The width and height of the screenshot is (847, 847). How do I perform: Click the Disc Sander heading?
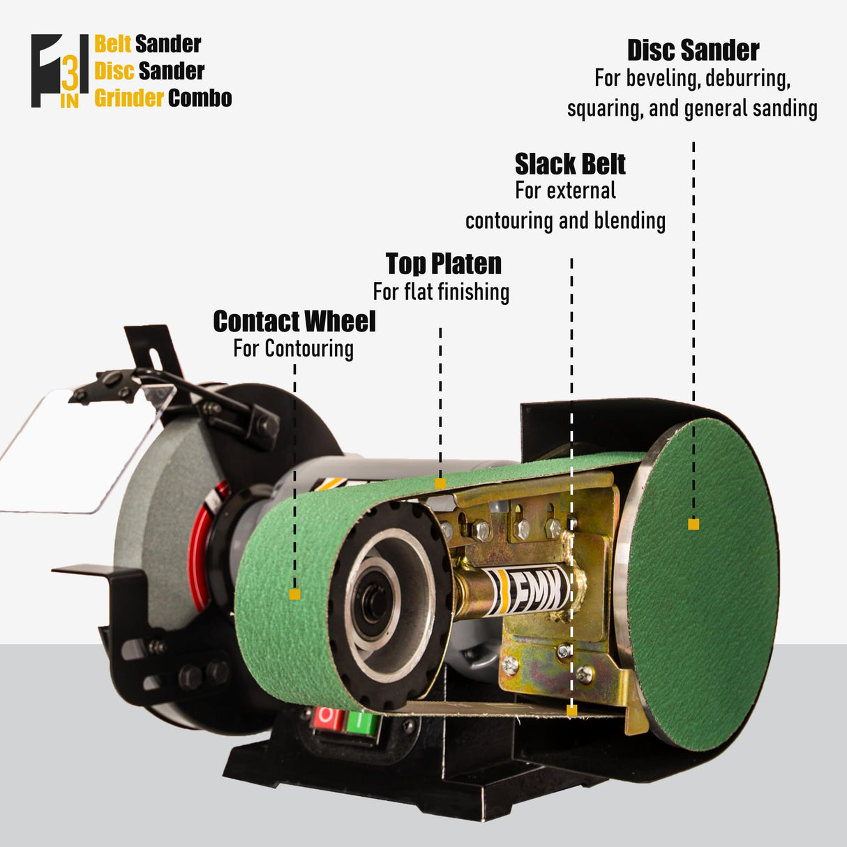point(693,51)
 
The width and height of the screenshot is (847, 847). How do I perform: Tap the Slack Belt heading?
point(570,165)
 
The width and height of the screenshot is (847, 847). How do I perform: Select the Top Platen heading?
point(444,264)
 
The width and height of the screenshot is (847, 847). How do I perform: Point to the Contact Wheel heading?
point(294,322)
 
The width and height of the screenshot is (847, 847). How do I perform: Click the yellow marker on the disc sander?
point(693,524)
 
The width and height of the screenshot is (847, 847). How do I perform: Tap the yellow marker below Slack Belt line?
point(571,710)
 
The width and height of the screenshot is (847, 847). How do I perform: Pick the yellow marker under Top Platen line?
point(440,484)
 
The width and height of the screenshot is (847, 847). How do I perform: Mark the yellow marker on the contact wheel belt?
point(294,594)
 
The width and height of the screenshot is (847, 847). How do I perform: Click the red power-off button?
point(327,718)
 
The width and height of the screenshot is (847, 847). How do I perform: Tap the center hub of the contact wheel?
point(375,603)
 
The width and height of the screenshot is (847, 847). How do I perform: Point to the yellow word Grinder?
point(128,98)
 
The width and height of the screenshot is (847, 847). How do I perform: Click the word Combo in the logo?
point(200,98)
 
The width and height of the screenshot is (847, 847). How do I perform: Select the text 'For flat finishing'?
point(441,292)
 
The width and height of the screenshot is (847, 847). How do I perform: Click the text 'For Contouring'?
point(293,348)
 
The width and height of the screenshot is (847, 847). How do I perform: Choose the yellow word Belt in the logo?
point(112,44)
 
